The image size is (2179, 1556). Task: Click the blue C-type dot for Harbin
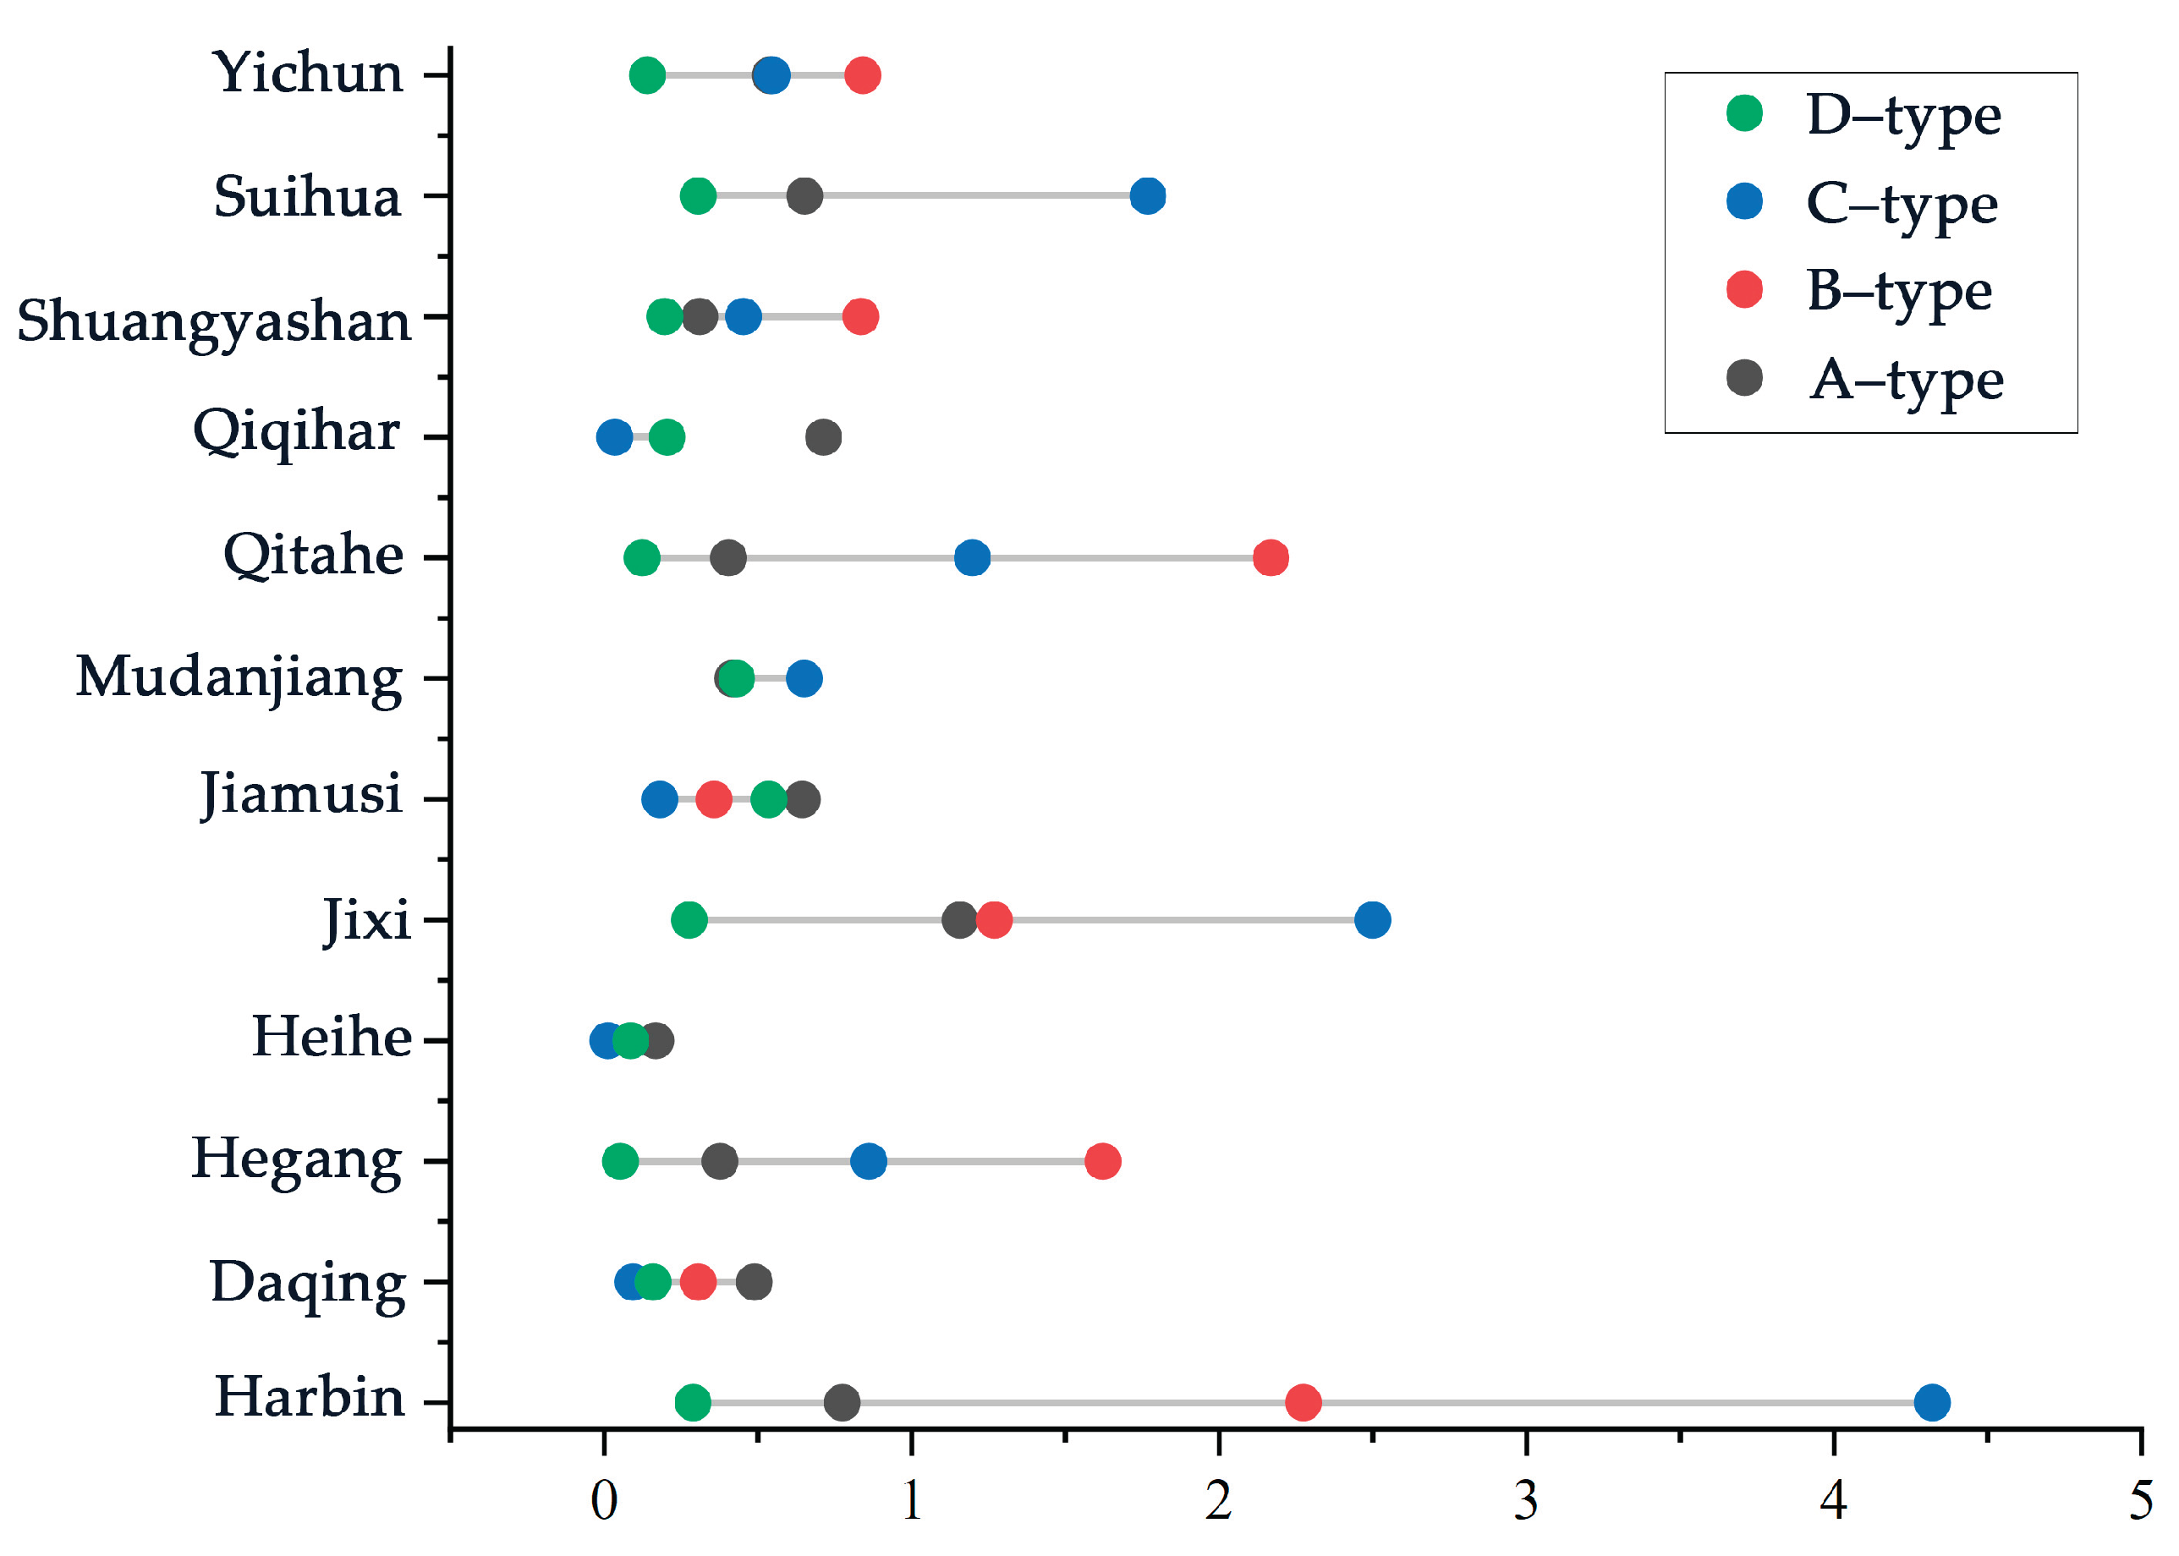coord(1931,1402)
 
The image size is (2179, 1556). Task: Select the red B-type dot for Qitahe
coord(1270,556)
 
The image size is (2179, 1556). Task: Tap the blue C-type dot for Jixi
coord(1372,919)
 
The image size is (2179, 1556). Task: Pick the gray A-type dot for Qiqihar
coord(823,437)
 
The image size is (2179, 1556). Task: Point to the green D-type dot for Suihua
coord(698,195)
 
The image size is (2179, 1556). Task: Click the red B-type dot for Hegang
coord(1102,1160)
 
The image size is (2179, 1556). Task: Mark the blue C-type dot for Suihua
coord(1147,195)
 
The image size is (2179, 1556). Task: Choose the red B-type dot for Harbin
coord(1302,1402)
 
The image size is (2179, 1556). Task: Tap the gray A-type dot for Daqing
coord(755,1281)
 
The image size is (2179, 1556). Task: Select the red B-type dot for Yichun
coord(863,74)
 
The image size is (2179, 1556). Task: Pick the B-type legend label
coord(1898,290)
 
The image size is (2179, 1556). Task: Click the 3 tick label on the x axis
coord(1525,1501)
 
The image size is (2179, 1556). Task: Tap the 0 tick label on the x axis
coord(604,1501)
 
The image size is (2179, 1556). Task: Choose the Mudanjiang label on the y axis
coord(239,678)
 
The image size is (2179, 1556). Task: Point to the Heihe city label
coord(332,1038)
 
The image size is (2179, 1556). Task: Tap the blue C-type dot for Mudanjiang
coord(803,678)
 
